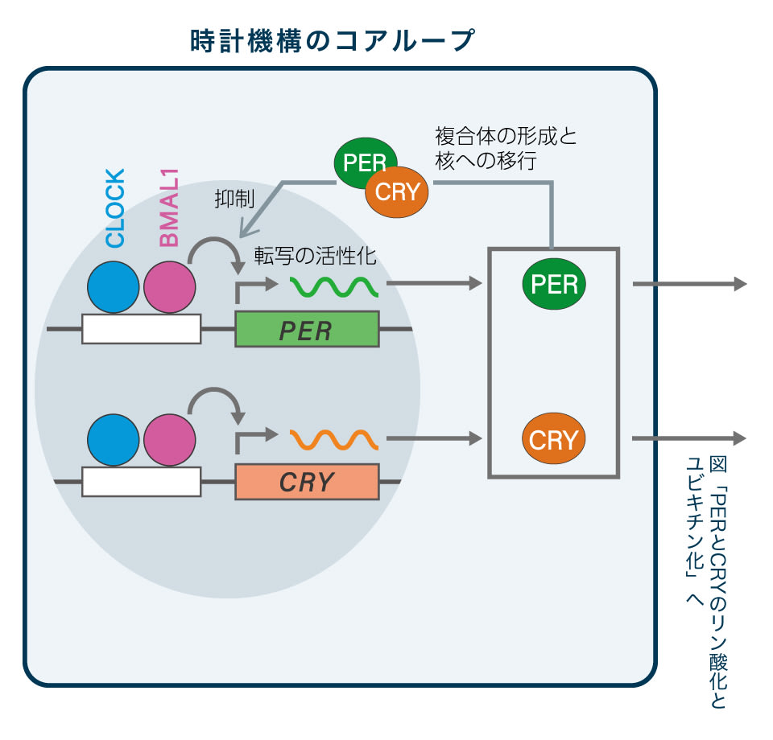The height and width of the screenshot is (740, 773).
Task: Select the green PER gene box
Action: [307, 330]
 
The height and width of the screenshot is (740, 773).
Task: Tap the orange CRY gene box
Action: [307, 482]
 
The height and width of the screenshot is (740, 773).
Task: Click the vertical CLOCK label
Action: [116, 208]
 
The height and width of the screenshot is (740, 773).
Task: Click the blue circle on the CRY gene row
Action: [114, 440]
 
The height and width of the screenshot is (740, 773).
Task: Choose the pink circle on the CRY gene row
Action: [169, 440]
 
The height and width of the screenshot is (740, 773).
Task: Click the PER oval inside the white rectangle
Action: [554, 285]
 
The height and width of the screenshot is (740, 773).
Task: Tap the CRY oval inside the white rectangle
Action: [554, 439]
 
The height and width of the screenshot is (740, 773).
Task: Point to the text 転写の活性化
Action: [316, 255]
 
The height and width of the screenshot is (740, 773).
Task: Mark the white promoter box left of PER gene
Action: [141, 329]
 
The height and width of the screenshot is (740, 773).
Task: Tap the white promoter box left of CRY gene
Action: [141, 482]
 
